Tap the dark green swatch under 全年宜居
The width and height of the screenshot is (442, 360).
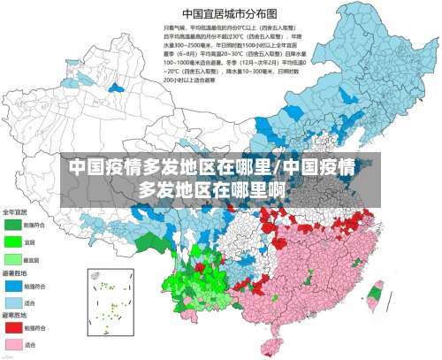pos(14,226)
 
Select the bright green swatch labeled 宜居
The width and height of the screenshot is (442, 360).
pos(14,241)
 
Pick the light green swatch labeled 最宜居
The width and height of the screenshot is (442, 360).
pos(14,259)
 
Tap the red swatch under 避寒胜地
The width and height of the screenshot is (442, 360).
pos(14,327)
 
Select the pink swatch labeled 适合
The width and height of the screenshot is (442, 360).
pos(14,343)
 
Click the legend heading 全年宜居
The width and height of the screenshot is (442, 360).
pos(15,212)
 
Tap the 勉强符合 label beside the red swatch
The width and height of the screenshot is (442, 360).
pos(37,327)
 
